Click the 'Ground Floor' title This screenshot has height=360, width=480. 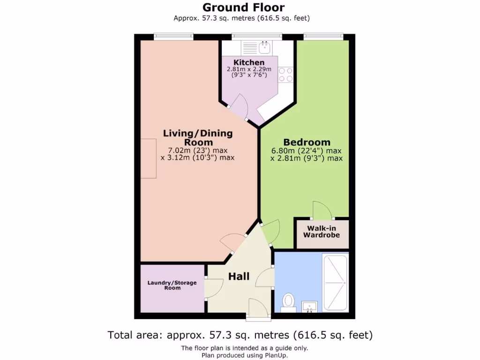click(x=243, y=7)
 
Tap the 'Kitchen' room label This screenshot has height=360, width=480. click(x=249, y=62)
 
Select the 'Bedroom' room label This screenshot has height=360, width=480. click(x=307, y=142)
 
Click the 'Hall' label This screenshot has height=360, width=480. click(x=239, y=277)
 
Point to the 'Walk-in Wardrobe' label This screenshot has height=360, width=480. click(x=321, y=232)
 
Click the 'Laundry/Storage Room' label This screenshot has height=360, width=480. click(x=172, y=285)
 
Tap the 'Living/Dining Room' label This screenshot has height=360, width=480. click(x=197, y=138)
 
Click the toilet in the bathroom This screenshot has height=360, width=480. click(x=288, y=302)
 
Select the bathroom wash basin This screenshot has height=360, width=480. click(x=309, y=307)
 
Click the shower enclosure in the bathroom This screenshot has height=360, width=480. click(x=335, y=283)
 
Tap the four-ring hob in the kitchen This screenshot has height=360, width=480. click(x=285, y=75)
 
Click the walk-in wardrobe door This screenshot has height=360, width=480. click(x=322, y=211)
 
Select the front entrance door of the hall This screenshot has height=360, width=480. click(x=258, y=309)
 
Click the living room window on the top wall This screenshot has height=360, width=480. click(x=173, y=37)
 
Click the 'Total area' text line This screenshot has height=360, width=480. click(x=240, y=335)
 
